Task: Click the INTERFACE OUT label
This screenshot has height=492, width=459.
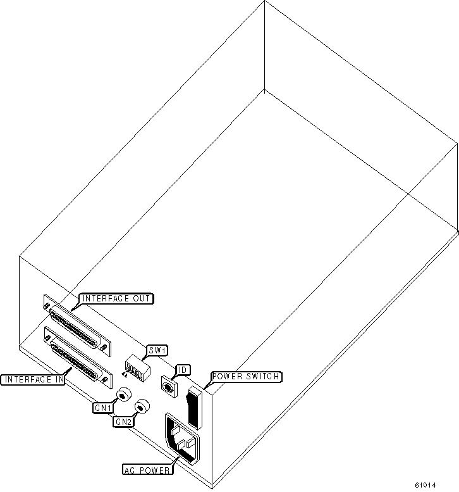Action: pyautogui.click(x=116, y=298)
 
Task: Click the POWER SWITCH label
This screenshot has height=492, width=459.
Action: pyautogui.click(x=245, y=377)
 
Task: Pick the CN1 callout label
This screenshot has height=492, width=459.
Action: pyautogui.click(x=103, y=408)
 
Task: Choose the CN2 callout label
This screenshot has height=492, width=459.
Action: pyautogui.click(x=124, y=421)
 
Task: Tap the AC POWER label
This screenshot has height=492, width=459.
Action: pyautogui.click(x=147, y=470)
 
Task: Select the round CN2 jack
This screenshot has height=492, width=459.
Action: pyautogui.click(x=144, y=407)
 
